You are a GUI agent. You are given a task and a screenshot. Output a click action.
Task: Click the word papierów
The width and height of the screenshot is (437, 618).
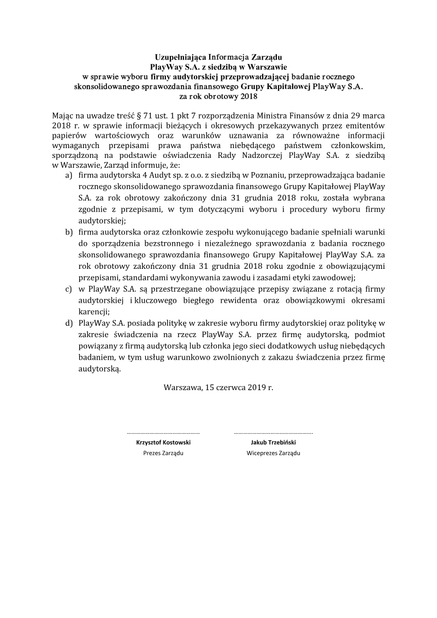[68, 136]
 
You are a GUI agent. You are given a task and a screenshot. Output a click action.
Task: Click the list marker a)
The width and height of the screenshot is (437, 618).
[69, 175]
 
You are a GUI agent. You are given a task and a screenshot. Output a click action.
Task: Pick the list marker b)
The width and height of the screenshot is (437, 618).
[69, 232]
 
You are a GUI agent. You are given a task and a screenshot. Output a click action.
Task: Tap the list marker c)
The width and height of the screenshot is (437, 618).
[69, 289]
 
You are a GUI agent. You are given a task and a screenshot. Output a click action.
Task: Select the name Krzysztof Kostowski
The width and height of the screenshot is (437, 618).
[163, 443]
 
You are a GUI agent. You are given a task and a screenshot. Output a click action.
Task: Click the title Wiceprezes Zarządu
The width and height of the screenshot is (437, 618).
[273, 454]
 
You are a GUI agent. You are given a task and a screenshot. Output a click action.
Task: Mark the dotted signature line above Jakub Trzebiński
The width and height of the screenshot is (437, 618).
[273, 433]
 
